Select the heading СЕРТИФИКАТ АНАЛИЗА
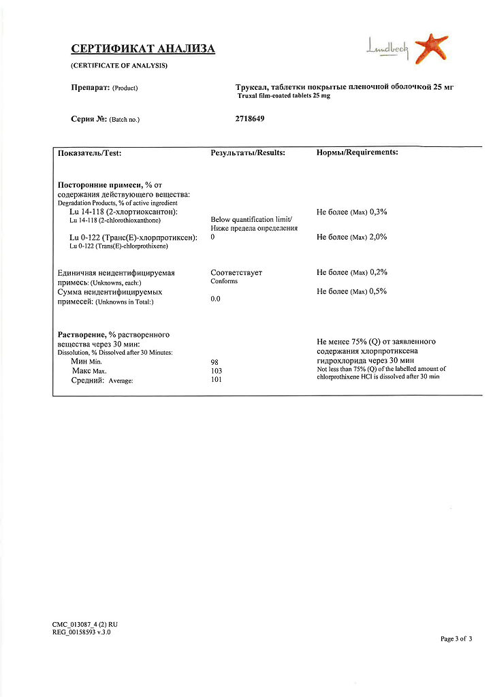pyautogui.click(x=143, y=49)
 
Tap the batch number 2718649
pyautogui.click(x=249, y=118)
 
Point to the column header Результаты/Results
pyautogui.click(x=248, y=152)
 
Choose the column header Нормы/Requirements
pyautogui.click(x=357, y=152)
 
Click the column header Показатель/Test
pyautogui.click(x=90, y=153)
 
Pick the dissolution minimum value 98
pyautogui.click(x=214, y=362)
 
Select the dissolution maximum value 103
pyautogui.click(x=217, y=371)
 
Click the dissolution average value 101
pyautogui.click(x=217, y=380)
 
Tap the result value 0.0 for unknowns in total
pyautogui.click(x=215, y=299)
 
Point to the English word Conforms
pyautogui.click(x=224, y=281)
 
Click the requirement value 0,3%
pyautogui.click(x=378, y=212)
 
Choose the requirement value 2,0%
pyautogui.click(x=378, y=237)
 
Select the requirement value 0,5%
pyautogui.click(x=378, y=291)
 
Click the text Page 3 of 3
pyautogui.click(x=456, y=638)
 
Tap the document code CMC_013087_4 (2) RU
pyautogui.click(x=85, y=624)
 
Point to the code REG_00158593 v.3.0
pyautogui.click(x=81, y=632)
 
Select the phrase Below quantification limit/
pyautogui.click(x=251, y=219)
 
